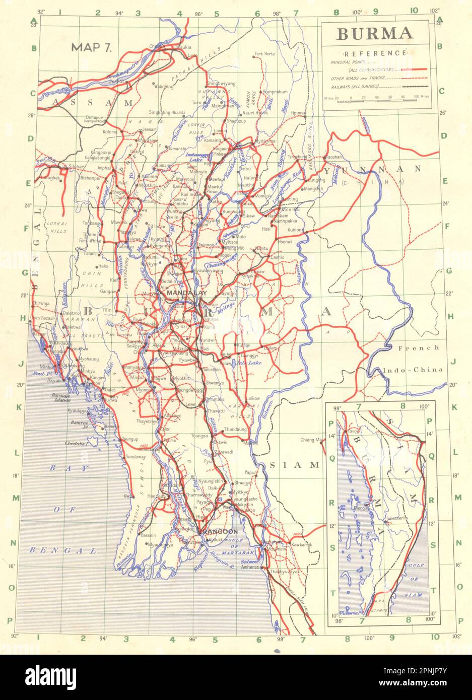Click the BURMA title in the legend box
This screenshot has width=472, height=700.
pyautogui.click(x=374, y=34)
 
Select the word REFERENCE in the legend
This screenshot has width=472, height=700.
pyautogui.click(x=376, y=53)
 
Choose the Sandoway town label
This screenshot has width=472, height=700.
pyautogui.click(x=135, y=456)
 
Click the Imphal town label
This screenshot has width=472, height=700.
pyautogui.click(x=104, y=168)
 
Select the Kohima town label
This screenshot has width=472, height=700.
pyautogui.click(x=110, y=132)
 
